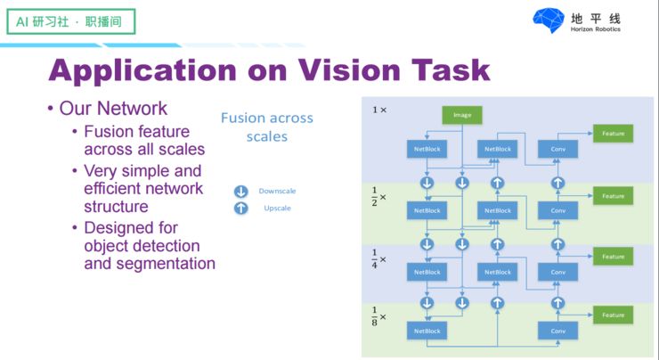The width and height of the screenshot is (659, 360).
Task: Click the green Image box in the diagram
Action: (462, 115)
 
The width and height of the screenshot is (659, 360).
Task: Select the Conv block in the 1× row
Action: (558, 149)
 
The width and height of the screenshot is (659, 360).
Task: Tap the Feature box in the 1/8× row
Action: (613, 315)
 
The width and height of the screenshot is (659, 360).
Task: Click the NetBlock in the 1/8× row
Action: (427, 331)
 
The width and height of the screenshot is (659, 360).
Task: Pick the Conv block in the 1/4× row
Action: (558, 272)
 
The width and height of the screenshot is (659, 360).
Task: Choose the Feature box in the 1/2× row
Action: (613, 196)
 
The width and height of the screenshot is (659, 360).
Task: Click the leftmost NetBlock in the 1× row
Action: (427, 149)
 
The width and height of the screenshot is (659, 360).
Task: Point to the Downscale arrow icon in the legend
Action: (240, 192)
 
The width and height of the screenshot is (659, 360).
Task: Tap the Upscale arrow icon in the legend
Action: (240, 209)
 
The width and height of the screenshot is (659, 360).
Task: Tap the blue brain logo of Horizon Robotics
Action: (548, 20)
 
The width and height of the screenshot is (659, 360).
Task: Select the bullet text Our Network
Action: (113, 109)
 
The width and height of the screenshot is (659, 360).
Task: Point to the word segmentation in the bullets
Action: (150, 264)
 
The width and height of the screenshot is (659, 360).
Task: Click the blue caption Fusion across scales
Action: (267, 127)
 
